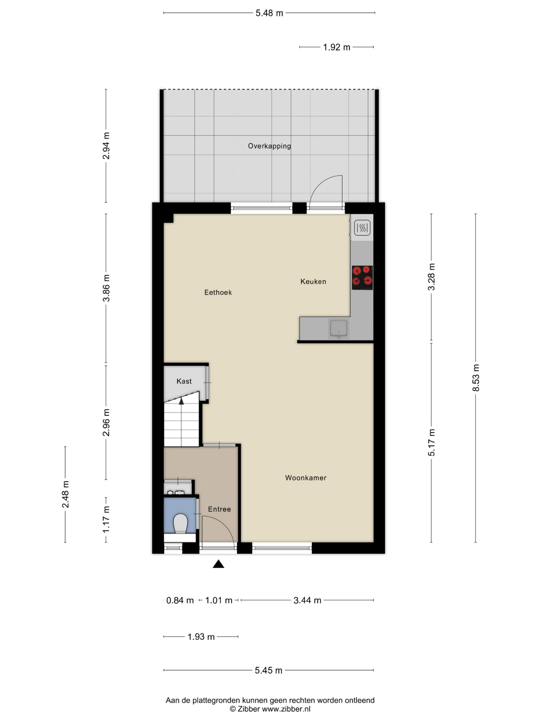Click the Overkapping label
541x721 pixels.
pyautogui.click(x=269, y=146)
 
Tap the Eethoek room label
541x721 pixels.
pyautogui.click(x=218, y=292)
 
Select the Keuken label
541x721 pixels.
pyautogui.click(x=313, y=281)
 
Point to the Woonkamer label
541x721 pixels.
pyautogui.click(x=305, y=478)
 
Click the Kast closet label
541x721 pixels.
pyautogui.click(x=184, y=381)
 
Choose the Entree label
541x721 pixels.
pyautogui.click(x=219, y=509)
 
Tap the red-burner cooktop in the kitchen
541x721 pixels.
pyautogui.click(x=362, y=278)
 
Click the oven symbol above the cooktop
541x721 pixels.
pyautogui.click(x=362, y=228)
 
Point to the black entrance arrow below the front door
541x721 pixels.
pyautogui.click(x=218, y=564)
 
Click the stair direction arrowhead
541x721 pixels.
pyautogui.click(x=181, y=401)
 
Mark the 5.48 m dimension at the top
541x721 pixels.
pyautogui.click(x=269, y=13)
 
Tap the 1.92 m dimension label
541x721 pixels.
pyautogui.click(x=336, y=47)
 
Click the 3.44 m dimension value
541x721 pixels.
pyautogui.click(x=307, y=600)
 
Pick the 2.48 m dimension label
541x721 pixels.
pyautogui.click(x=65, y=494)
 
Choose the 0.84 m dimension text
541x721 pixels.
pyautogui.click(x=180, y=600)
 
